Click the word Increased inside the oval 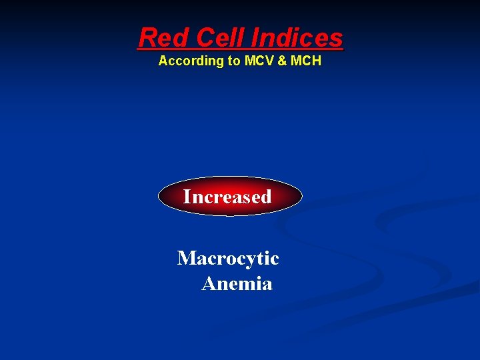(227, 197)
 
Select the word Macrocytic (228, 258)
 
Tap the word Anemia (237, 284)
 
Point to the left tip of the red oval (159, 197)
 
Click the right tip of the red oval (301, 197)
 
